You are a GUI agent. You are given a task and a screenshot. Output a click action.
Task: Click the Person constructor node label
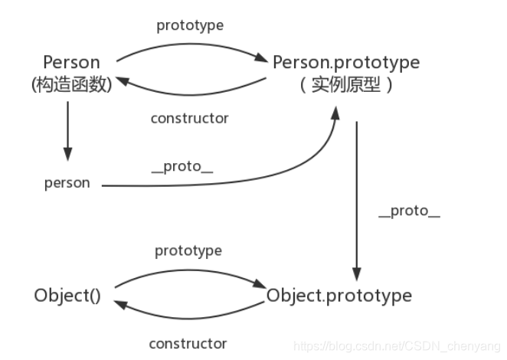[71, 62]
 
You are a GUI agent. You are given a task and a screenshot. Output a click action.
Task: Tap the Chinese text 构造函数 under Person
[71, 85]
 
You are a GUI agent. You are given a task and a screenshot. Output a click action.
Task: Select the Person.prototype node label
[345, 61]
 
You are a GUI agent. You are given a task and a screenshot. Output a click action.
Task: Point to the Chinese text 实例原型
[345, 85]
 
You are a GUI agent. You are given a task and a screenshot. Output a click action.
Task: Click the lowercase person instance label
[67, 183]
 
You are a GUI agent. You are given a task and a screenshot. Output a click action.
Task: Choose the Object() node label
[67, 295]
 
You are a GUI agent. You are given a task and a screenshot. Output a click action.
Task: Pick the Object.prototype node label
[339, 295]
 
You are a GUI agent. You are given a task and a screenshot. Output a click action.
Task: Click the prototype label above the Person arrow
[190, 25]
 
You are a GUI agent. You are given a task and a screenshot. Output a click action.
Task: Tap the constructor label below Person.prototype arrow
[189, 118]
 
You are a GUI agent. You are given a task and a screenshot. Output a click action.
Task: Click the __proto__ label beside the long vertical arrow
[409, 211]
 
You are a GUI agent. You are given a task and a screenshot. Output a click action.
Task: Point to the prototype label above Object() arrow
[188, 250]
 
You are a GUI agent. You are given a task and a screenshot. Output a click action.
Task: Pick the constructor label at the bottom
[188, 343]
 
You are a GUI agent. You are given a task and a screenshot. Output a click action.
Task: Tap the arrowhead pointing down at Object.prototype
[356, 273]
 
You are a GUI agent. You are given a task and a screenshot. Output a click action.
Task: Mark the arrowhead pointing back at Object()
[119, 304]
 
